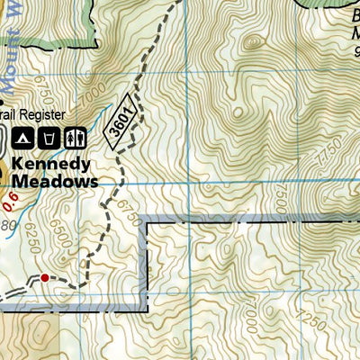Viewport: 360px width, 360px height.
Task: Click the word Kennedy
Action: point(52,165)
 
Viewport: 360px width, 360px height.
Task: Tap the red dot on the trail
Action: point(45,278)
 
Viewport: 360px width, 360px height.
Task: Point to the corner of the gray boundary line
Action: point(147,220)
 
